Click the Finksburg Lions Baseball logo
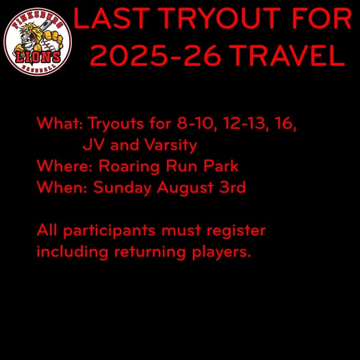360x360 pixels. [x=38, y=42]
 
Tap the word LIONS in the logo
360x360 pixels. [x=38, y=57]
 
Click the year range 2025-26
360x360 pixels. [x=155, y=55]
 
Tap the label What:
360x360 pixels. [x=60, y=123]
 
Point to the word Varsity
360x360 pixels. [x=170, y=145]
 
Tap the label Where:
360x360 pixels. [x=64, y=166]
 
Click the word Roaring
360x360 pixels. [x=129, y=167]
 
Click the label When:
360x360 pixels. [x=62, y=187]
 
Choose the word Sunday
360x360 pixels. [x=122, y=188]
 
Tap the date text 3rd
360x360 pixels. [x=232, y=187]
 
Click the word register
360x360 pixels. [x=236, y=231]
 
